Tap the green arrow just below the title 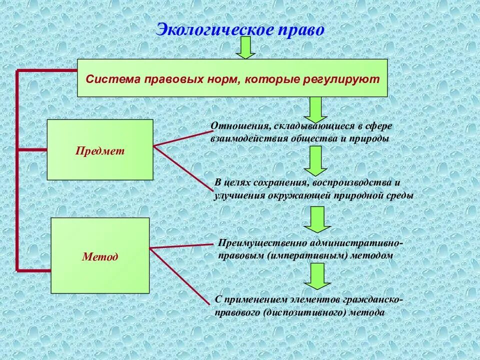pyautogui.click(x=245, y=48)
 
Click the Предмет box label pyautogui.click(x=100, y=150)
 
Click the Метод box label pyautogui.click(x=100, y=257)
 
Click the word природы pyautogui.click(x=370, y=138)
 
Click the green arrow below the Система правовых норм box pyautogui.click(x=315, y=108)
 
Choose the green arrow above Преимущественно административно pyautogui.click(x=315, y=219)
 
